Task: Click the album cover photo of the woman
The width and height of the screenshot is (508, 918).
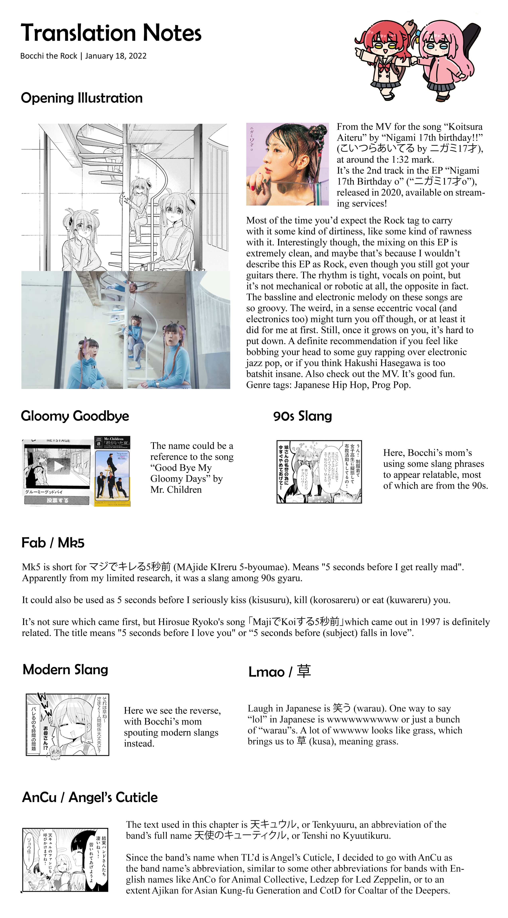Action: (287, 164)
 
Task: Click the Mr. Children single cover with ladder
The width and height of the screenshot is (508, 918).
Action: (113, 471)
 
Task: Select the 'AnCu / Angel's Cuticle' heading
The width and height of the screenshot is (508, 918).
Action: (90, 797)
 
